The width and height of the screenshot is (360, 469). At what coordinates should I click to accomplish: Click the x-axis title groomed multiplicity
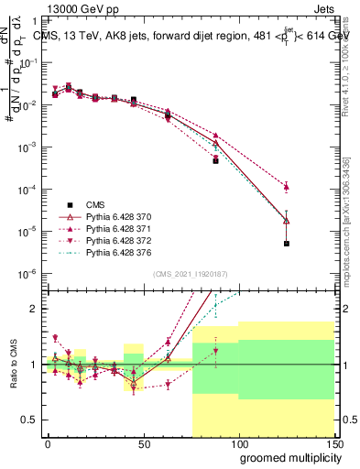coord(286,457)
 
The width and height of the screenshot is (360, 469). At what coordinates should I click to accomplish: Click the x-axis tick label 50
coord(143,442)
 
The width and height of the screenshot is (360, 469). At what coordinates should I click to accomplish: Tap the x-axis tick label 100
coord(238,442)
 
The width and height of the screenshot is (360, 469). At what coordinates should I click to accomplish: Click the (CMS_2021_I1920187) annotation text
coord(190,273)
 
